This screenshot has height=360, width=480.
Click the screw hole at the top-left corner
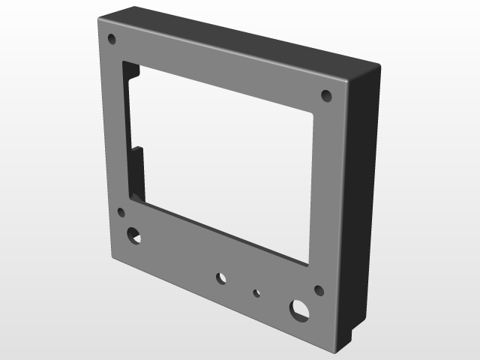coord(112,38)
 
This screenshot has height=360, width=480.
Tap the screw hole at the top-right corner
coord(326,95)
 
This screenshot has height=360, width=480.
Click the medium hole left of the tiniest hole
coord(221,278)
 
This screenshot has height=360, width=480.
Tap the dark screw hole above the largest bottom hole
coord(319,290)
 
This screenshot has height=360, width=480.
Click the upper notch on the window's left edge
coord(133,73)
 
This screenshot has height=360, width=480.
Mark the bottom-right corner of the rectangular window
coord(309,263)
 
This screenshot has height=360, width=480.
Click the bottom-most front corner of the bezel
coord(328,349)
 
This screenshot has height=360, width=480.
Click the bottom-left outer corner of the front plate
coord(111,256)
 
